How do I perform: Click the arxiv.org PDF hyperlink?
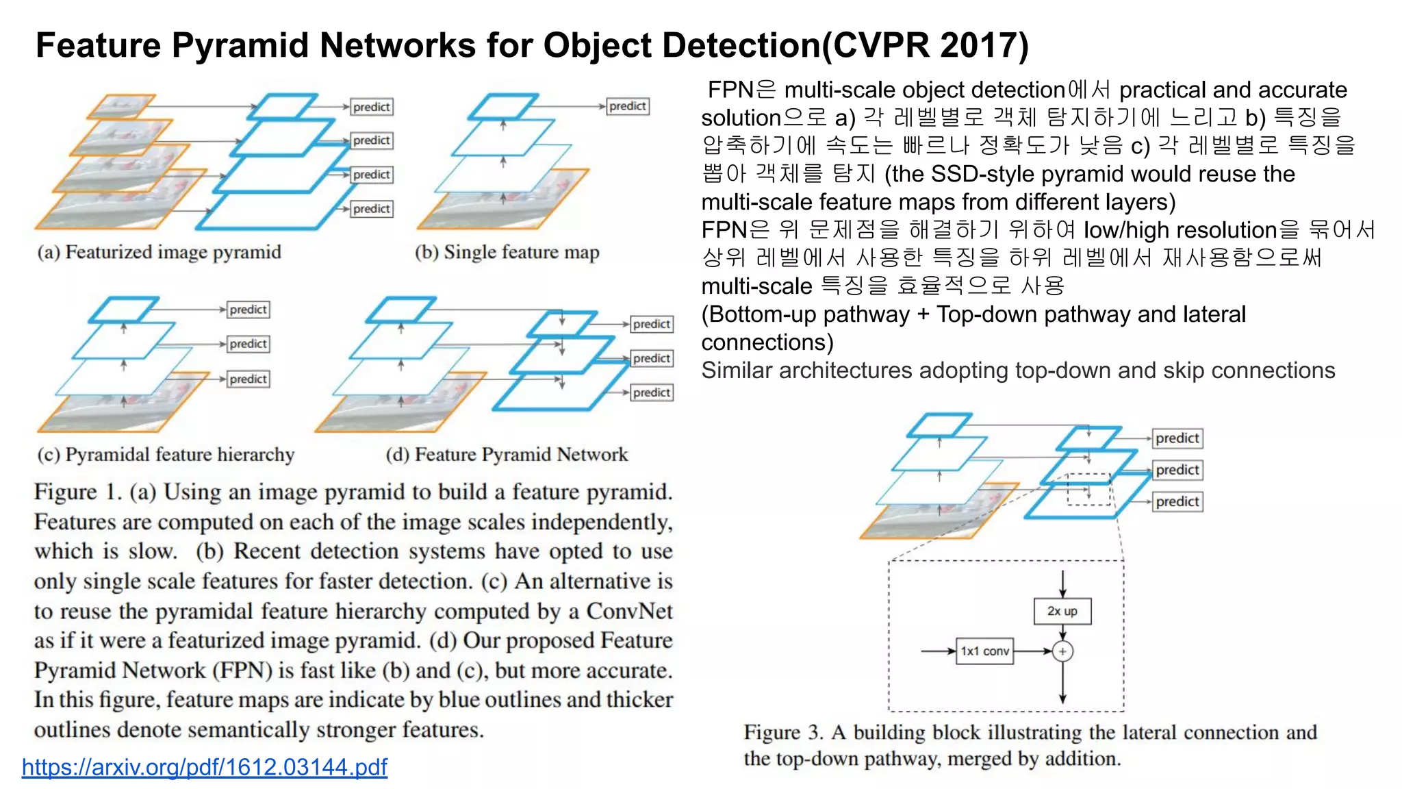coord(204,766)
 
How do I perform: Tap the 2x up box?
coord(1062,611)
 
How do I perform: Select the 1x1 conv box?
coord(984,651)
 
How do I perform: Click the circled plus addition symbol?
coord(1062,651)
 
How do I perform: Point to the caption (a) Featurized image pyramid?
coord(160,252)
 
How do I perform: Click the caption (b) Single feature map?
coord(507,252)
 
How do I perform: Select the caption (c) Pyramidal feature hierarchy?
coord(166,455)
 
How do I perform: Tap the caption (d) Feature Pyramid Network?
coord(507,455)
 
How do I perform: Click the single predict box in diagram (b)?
coord(628,106)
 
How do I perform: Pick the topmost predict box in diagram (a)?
coord(372,107)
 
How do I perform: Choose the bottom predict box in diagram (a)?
coord(372,209)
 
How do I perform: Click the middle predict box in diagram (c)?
coord(248,344)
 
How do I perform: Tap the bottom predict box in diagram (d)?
coord(652,392)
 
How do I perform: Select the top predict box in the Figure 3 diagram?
coord(1177,438)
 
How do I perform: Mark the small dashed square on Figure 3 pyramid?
coord(1088,489)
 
